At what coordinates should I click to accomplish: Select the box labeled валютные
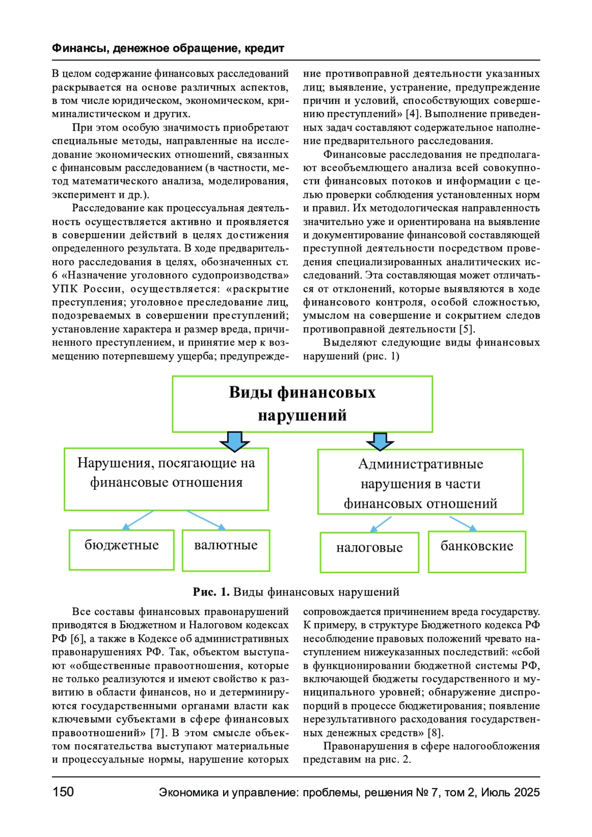click(x=226, y=550)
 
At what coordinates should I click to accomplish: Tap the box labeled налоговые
click(x=370, y=552)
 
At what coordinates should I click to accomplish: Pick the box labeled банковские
click(x=477, y=551)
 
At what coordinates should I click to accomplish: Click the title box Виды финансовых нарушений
click(x=302, y=404)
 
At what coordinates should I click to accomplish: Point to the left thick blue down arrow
click(x=235, y=441)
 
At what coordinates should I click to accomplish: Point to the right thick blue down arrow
click(x=380, y=441)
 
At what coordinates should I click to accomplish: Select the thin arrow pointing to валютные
click(x=206, y=520)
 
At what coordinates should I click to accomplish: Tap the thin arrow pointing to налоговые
click(x=380, y=524)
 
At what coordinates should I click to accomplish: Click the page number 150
click(x=63, y=792)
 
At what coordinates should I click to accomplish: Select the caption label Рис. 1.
click(x=211, y=592)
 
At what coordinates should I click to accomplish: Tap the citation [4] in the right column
click(x=412, y=114)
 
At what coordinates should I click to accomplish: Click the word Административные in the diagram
click(x=420, y=464)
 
